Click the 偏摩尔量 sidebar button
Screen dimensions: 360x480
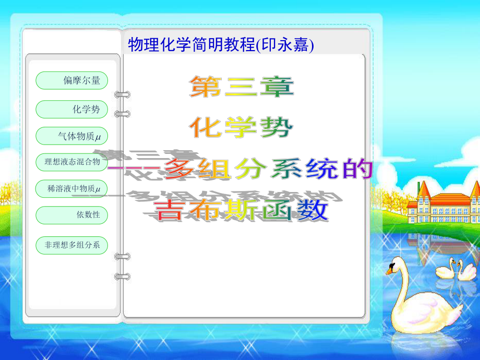tap(71, 80)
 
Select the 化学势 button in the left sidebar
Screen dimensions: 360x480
tap(71, 109)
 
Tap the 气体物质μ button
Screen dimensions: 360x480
tap(71, 136)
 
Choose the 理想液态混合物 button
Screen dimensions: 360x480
tap(71, 162)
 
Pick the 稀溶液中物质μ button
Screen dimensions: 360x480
tap(71, 188)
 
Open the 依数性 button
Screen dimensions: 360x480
tap(71, 214)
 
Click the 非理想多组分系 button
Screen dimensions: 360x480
tap(71, 244)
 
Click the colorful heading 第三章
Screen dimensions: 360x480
tap(241, 87)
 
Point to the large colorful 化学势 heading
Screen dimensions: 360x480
tap(241, 127)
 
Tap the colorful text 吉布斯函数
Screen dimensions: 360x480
tap(241, 210)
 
